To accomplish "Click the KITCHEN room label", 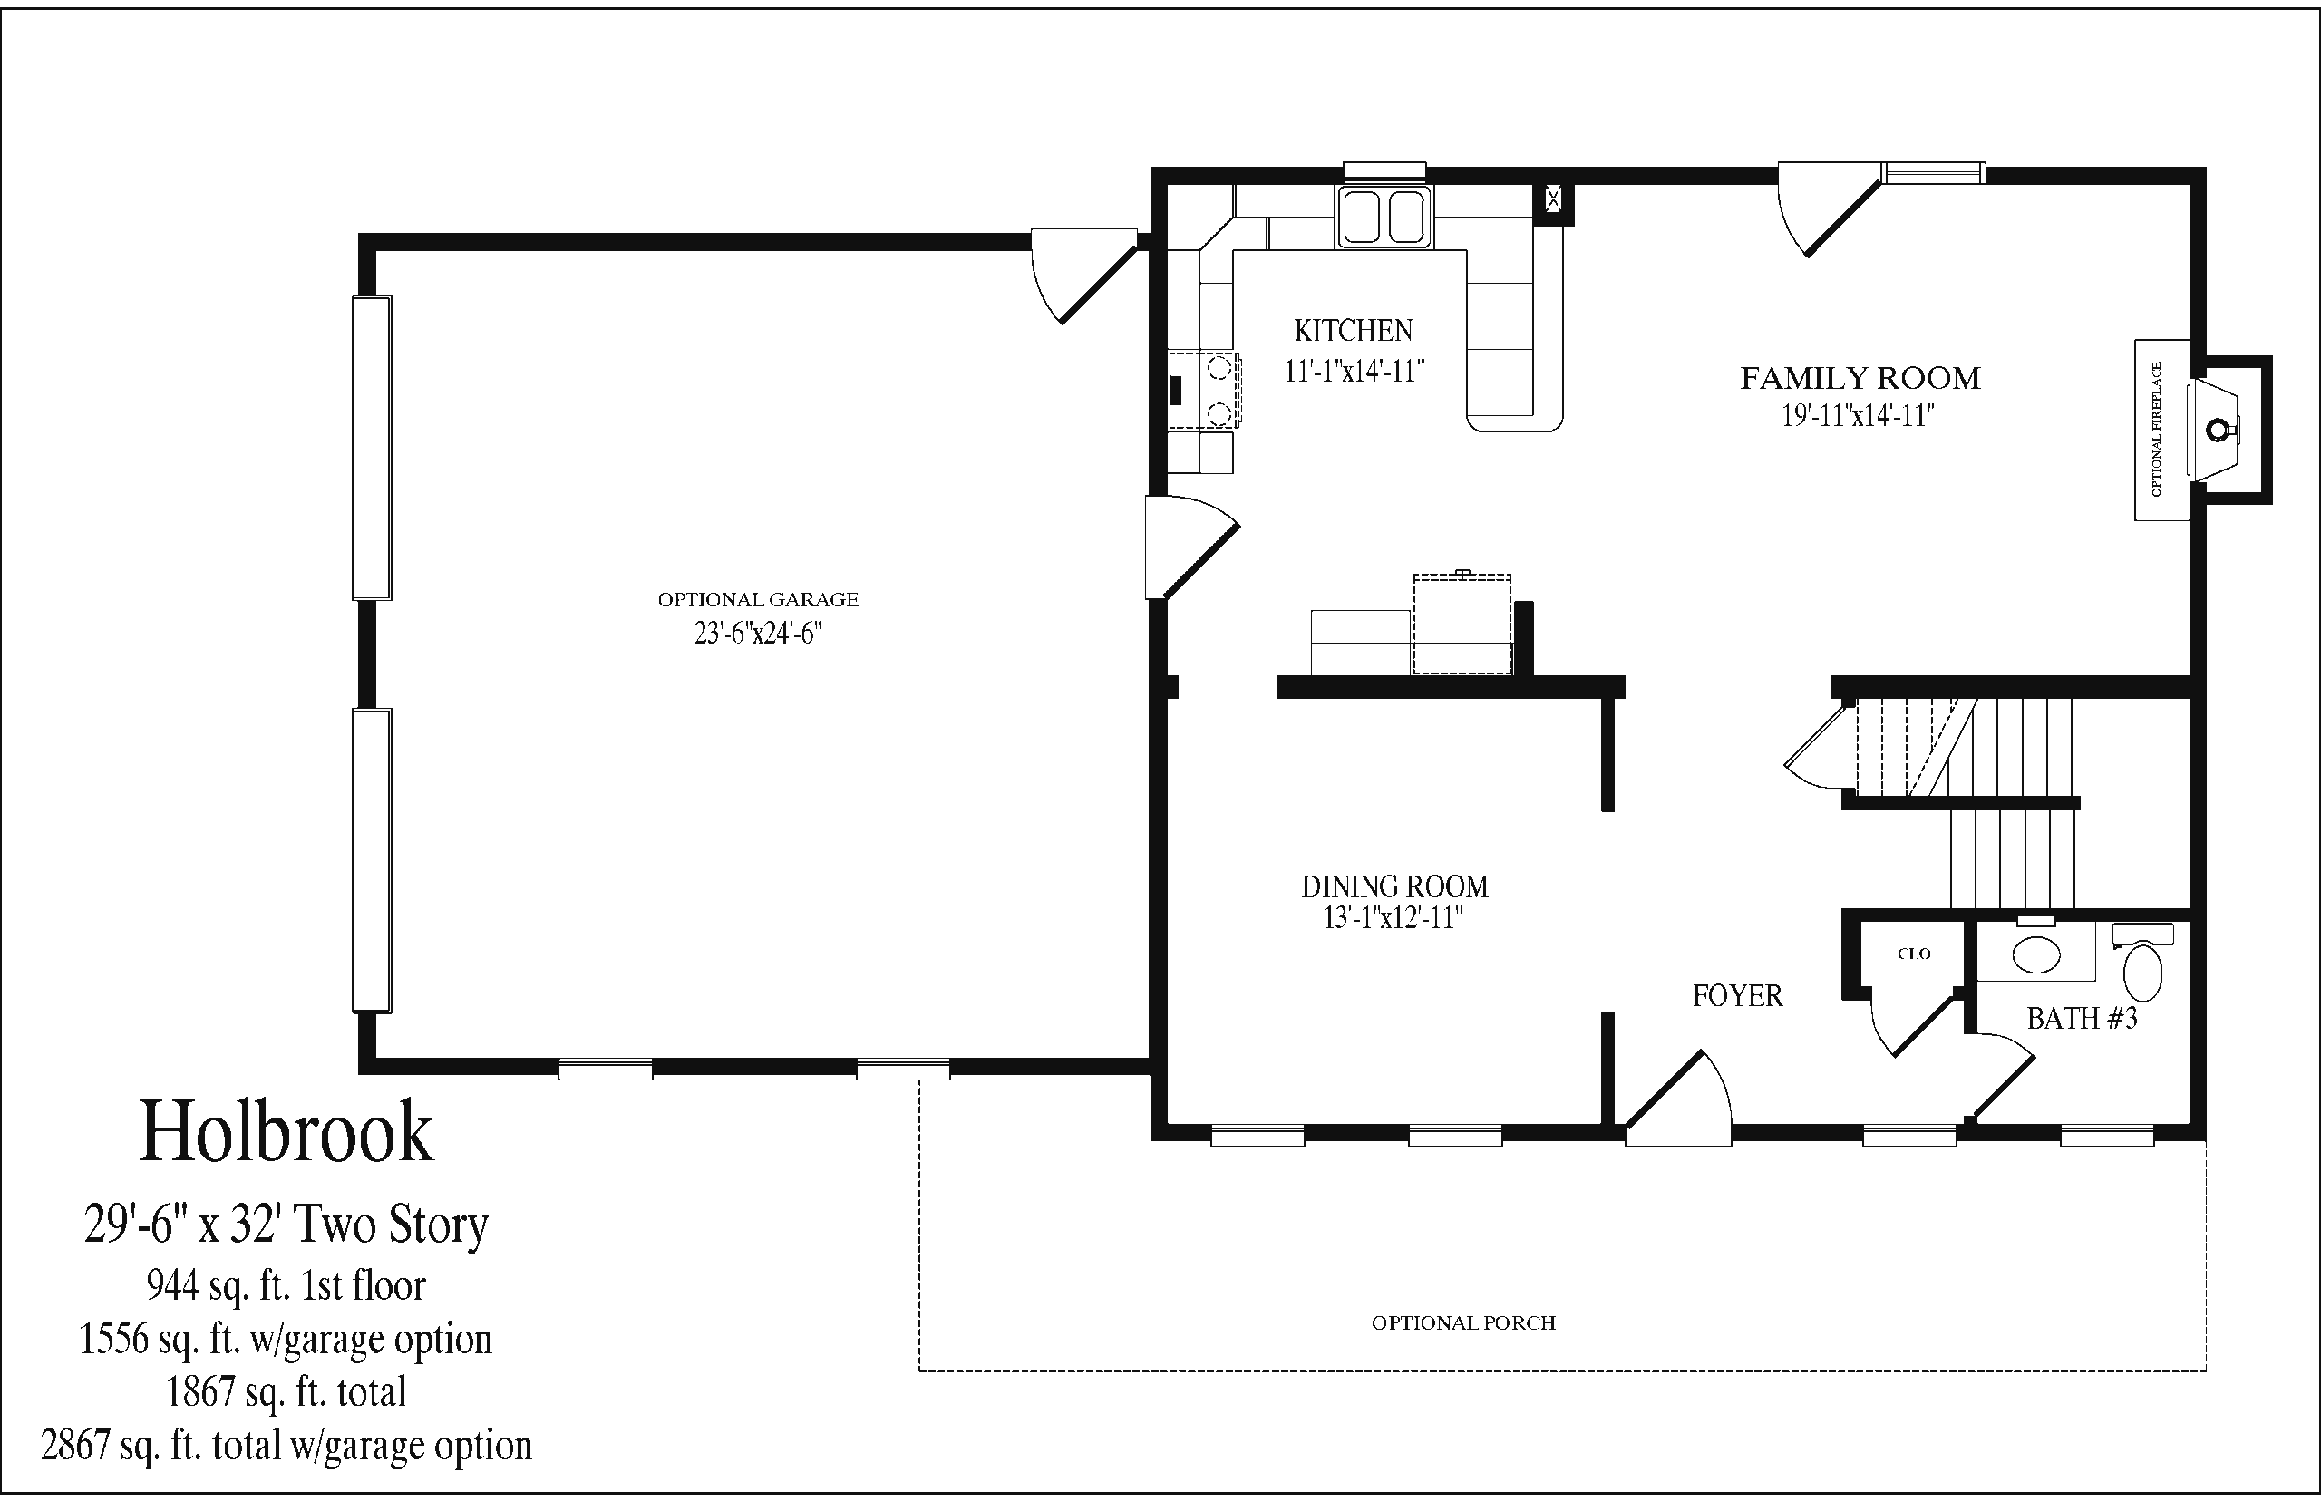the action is tap(1353, 332).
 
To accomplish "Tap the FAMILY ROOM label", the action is tap(1860, 378).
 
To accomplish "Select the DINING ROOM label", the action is tap(1395, 887).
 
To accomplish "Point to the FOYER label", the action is tap(1737, 995).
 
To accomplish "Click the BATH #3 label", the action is tap(2083, 1018).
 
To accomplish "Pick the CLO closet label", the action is tap(1915, 954).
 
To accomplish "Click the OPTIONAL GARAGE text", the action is tap(758, 599).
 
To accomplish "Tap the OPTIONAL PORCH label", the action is tap(1463, 1322).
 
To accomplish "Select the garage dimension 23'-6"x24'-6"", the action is tap(758, 634).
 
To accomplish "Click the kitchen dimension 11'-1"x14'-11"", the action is tap(1355, 372).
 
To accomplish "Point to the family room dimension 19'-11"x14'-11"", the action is tap(1858, 416).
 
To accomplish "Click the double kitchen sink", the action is tap(1384, 217).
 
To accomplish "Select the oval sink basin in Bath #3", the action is tap(2036, 955).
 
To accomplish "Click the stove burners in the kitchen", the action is tap(1219, 391).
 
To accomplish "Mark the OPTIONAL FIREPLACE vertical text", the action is tap(2156, 429).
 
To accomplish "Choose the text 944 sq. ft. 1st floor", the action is tap(286, 1285).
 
